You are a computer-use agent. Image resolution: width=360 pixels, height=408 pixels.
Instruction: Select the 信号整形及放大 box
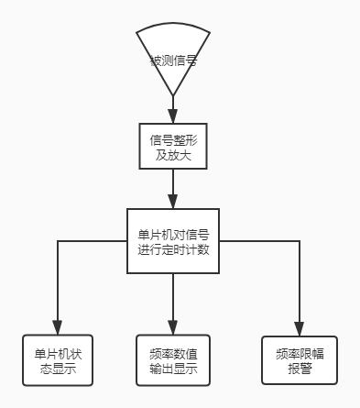tap(173, 147)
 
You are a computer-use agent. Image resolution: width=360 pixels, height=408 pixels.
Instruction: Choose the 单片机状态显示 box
tap(57, 361)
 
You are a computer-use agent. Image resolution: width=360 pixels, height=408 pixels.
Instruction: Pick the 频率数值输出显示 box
tap(173, 361)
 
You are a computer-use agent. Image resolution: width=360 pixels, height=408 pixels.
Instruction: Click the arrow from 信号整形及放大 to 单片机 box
tap(173, 191)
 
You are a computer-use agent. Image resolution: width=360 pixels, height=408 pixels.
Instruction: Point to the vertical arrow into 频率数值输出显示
tap(173, 303)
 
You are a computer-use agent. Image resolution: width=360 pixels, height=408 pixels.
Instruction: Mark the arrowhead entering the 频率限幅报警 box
tap(298, 328)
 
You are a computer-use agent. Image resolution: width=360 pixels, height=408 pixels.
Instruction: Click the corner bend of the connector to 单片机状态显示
tap(57, 242)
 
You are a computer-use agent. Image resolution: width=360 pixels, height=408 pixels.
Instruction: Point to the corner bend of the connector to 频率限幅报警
tap(298, 242)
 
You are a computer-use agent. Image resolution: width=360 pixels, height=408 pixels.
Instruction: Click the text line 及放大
tap(173, 155)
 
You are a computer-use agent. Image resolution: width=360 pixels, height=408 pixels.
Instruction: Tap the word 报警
tap(298, 368)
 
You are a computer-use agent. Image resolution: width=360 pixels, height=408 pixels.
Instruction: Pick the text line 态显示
tap(57, 369)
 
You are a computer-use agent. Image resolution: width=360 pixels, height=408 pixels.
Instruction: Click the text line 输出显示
tap(173, 370)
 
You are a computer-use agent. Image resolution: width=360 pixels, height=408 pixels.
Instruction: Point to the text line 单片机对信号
tap(173, 233)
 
